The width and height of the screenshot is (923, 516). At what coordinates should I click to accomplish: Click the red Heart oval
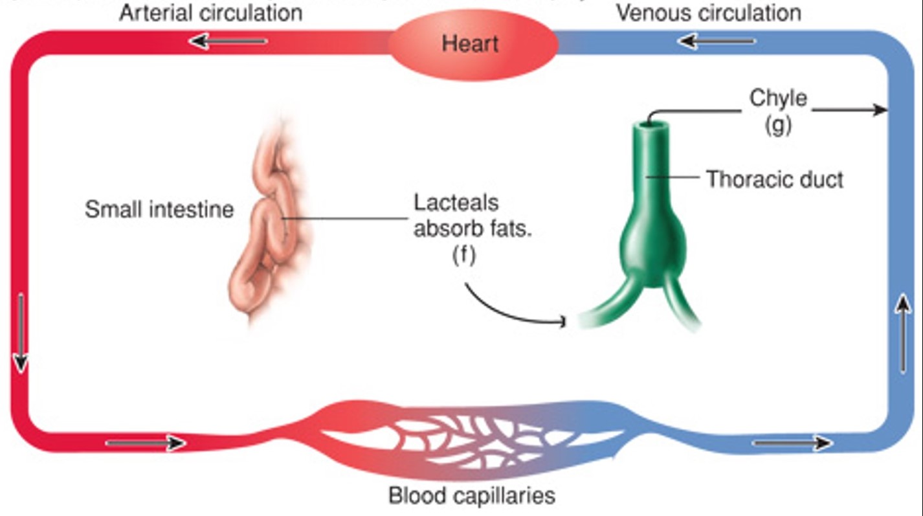tap(473, 43)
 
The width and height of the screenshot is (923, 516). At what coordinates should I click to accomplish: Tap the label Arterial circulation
tap(210, 12)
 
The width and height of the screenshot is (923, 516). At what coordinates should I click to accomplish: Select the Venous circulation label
tap(708, 12)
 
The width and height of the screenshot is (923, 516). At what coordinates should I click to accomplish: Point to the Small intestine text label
tap(159, 209)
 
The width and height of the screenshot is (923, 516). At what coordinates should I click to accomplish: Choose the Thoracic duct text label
tap(774, 179)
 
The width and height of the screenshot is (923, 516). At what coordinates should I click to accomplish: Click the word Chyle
tap(778, 98)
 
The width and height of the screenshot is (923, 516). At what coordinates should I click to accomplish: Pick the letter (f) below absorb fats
tap(463, 255)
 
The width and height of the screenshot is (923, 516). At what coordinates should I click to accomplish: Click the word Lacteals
tap(456, 203)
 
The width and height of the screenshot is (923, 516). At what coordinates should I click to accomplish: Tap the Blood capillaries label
tap(471, 495)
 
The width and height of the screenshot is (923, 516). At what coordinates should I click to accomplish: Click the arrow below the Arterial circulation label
tap(228, 41)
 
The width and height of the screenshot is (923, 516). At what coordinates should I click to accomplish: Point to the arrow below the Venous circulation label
tap(717, 41)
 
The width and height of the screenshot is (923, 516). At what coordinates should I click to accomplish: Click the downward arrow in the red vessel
tap(21, 333)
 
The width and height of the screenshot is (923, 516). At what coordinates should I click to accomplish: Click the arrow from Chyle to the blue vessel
tap(849, 110)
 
